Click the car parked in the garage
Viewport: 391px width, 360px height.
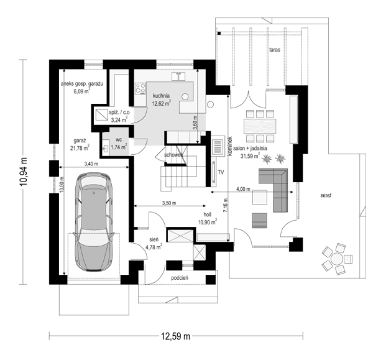pyautogui.click(x=93, y=221)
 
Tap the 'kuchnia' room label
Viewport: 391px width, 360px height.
pyautogui.click(x=162, y=96)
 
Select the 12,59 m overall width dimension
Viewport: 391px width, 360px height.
pyautogui.click(x=175, y=336)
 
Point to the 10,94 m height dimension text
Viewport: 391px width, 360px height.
pyautogui.click(x=24, y=172)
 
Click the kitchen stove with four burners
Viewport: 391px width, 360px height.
pyautogui.click(x=140, y=89)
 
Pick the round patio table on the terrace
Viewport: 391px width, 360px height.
pyautogui.click(x=337, y=259)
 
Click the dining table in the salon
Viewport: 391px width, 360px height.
pyautogui.click(x=260, y=126)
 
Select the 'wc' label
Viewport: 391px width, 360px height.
pyautogui.click(x=119, y=139)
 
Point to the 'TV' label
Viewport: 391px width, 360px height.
pyautogui.click(x=221, y=172)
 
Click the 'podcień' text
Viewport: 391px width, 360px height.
pyautogui.click(x=180, y=278)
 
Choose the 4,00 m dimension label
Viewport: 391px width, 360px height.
pyautogui.click(x=243, y=189)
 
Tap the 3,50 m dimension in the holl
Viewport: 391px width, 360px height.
pyautogui.click(x=169, y=203)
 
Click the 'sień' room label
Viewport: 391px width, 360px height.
pyautogui.click(x=154, y=239)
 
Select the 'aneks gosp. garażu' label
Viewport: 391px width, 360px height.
pyautogui.click(x=82, y=84)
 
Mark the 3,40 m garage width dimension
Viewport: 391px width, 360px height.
pyautogui.click(x=91, y=164)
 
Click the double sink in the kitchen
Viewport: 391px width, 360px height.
pyautogui.click(x=178, y=76)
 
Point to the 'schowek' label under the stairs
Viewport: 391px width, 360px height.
pyautogui.click(x=173, y=155)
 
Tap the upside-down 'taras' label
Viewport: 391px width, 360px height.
pyautogui.click(x=326, y=196)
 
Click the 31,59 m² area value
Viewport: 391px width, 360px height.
pyautogui.click(x=251, y=156)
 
